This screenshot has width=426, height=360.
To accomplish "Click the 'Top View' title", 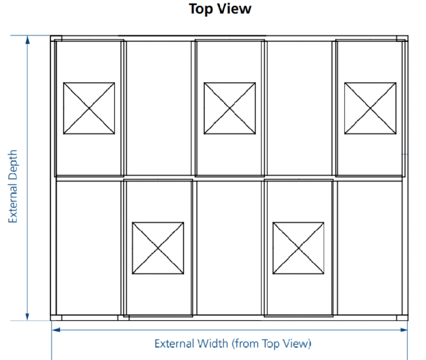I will (220, 9).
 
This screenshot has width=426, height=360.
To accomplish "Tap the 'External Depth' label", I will (13, 186).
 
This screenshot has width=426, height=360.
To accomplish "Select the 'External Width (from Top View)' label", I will (232, 343).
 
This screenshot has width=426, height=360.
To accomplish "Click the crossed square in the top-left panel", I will (89, 108).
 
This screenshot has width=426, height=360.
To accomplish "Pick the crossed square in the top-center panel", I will (230, 108).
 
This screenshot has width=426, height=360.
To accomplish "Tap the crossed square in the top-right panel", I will (370, 108).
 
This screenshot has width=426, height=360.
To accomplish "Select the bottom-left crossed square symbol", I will (158, 248).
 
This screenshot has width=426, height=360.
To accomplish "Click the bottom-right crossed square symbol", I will (298, 248).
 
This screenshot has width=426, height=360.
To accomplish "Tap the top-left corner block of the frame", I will (56, 38).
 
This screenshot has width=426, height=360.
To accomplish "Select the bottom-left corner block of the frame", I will (55, 317).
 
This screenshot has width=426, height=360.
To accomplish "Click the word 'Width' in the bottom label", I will (213, 343).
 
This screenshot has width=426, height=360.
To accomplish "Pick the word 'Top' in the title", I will (201, 9).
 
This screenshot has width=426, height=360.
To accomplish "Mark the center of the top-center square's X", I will (230, 108).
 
